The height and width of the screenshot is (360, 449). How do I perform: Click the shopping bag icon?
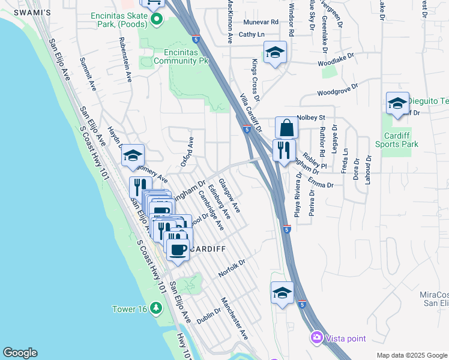tap(287, 127)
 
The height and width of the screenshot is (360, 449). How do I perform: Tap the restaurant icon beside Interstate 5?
tap(284, 149)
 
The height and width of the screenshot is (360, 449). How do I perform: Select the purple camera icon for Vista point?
tap(316, 338)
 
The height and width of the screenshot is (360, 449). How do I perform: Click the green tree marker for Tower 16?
tap(156, 309)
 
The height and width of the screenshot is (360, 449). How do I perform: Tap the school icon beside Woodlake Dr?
tap(275, 53)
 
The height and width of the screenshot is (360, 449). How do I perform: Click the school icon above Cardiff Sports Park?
tap(397, 103)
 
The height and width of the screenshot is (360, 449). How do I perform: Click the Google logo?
tap(19, 353)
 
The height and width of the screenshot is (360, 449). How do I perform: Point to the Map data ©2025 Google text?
tap(411, 355)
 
